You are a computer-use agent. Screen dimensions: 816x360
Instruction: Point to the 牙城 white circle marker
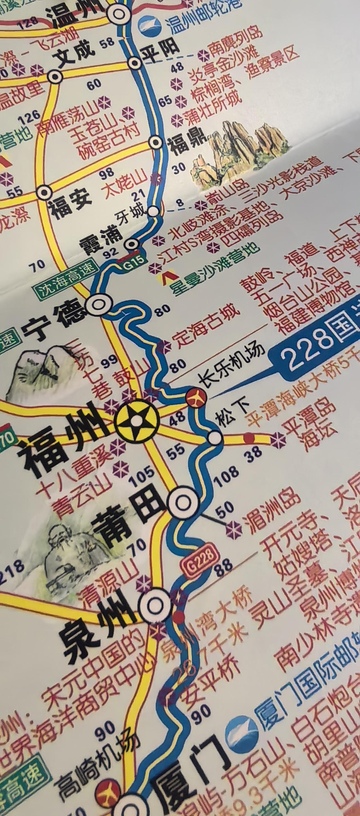click(x=154, y=210)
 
